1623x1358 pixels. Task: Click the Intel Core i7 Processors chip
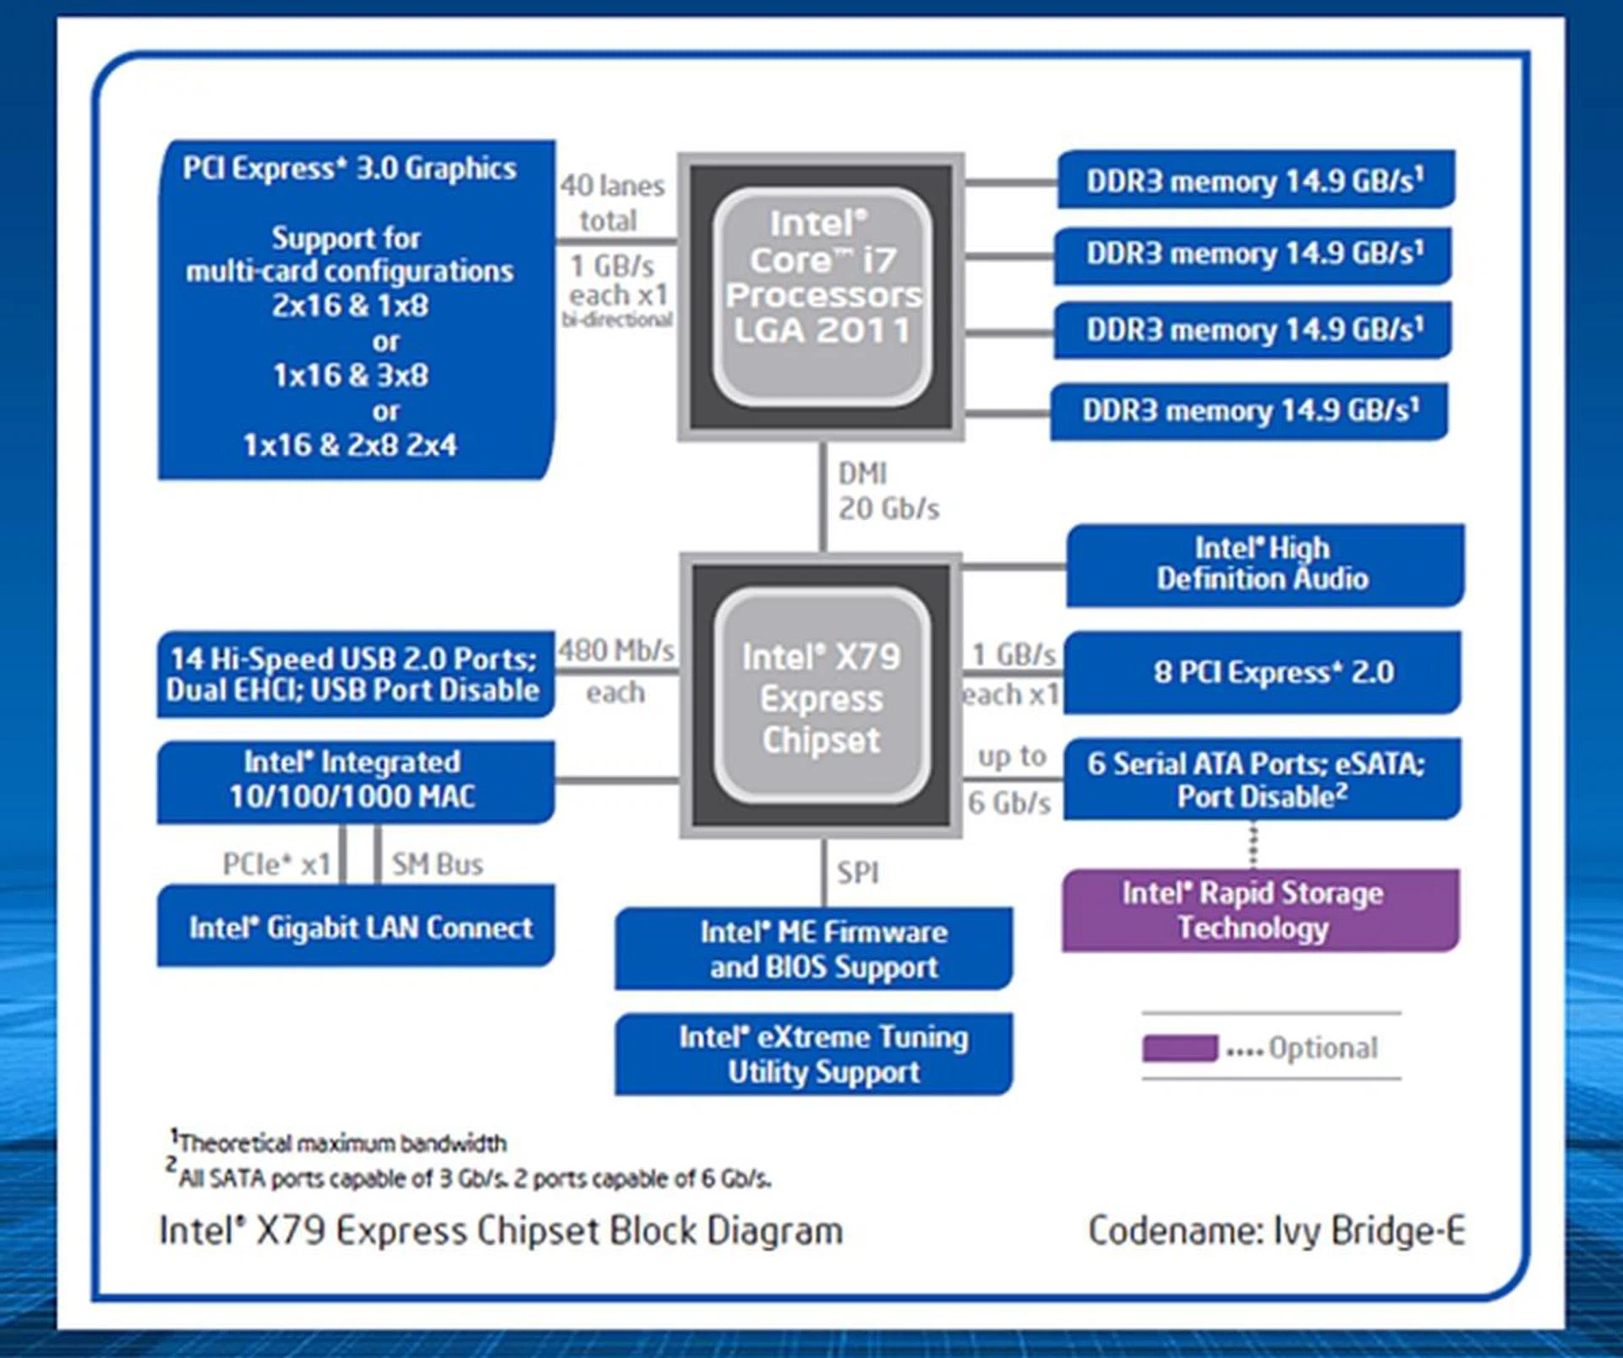click(x=822, y=296)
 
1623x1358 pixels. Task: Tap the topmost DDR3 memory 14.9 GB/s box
click(x=1255, y=180)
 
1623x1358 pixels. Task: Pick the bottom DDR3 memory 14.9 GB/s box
click(x=1249, y=411)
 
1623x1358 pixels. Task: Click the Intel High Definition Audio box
click(x=1264, y=564)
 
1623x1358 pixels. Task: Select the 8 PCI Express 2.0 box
click(x=1262, y=672)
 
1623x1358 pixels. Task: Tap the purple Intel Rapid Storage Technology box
click(x=1260, y=910)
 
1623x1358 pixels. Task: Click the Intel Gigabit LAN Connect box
click(x=356, y=927)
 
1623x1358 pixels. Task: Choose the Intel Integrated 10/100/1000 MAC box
click(x=356, y=780)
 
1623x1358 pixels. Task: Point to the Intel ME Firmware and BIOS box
click(x=813, y=949)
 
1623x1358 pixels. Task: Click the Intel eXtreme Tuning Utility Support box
click(x=813, y=1054)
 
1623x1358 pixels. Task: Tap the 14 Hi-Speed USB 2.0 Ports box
click(x=356, y=674)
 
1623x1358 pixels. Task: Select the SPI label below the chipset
click(x=857, y=872)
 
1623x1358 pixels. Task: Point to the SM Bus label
click(x=437, y=864)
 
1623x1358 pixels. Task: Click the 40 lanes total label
click(x=612, y=203)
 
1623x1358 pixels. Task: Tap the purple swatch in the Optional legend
click(x=1179, y=1048)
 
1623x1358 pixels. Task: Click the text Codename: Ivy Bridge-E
click(x=1276, y=1230)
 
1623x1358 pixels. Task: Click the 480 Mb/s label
click(x=615, y=650)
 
